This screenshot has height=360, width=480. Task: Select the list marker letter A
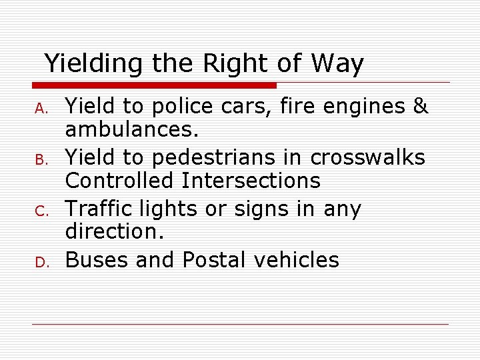pos(40,107)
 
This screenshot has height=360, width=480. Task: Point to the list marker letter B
pos(40,159)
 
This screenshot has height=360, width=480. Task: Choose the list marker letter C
pos(40,211)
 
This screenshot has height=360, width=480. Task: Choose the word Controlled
pos(122,181)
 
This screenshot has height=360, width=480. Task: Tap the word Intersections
pos(253,181)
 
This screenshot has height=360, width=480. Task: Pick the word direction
pos(115,232)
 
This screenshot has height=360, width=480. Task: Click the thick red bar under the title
pos(154,85)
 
